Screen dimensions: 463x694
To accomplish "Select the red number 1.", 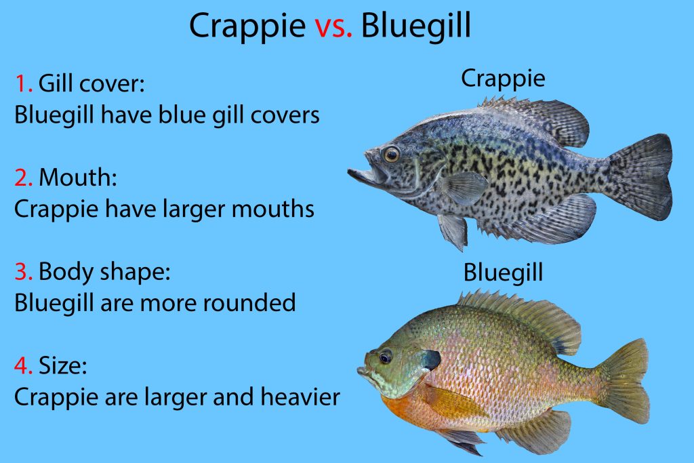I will coord(22,84).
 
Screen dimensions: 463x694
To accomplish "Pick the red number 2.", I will coord(24,178).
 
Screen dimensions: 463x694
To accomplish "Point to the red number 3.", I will coord(24,272).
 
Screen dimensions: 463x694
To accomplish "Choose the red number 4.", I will coord(24,366).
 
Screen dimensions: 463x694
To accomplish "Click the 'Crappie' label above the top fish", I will coord(503,79).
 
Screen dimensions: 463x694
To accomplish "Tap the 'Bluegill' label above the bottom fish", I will coord(503,273).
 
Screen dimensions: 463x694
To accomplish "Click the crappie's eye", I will coord(391,155).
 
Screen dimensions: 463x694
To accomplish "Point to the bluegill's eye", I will coord(386,356).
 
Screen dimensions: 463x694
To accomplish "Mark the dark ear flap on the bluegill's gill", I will coord(430,360).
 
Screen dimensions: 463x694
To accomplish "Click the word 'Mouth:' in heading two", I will coord(78,178).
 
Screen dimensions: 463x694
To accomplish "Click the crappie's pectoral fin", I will coord(464,186).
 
